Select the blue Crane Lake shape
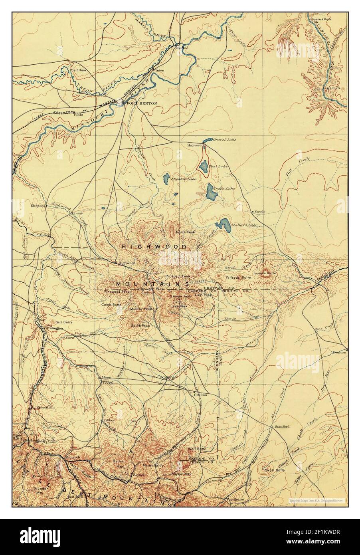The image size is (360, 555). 212,192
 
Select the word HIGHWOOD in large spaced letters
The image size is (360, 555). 154,247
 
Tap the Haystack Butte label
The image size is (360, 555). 322,8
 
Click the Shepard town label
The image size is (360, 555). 37,206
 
